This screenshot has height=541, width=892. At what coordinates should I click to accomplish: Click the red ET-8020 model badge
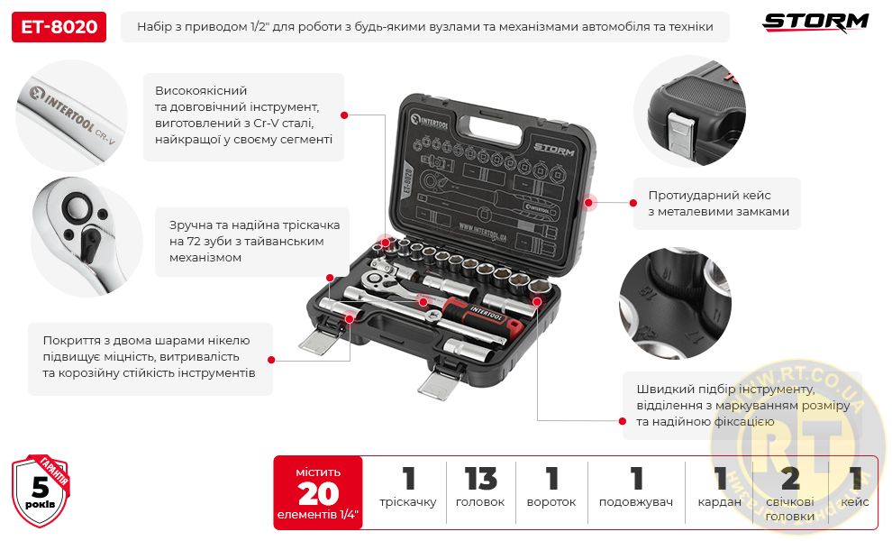[59, 27]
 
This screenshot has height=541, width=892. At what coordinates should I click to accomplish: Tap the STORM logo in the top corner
[816, 22]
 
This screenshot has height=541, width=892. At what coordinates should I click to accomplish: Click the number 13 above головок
[480, 479]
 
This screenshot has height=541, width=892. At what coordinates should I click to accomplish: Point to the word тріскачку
[407, 502]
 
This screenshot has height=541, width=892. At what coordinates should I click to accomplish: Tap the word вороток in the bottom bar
[551, 502]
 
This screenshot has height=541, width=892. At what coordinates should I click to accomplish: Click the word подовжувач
[636, 502]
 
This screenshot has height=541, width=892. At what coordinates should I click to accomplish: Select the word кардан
[719, 502]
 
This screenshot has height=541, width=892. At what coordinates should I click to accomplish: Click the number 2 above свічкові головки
[790, 479]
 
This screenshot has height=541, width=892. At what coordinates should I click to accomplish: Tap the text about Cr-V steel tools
[243, 116]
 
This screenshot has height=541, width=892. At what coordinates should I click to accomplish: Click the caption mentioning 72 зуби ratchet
[247, 241]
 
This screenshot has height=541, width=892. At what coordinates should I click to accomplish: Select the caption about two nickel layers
[150, 357]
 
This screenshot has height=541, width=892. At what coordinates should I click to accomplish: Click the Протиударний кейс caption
[718, 203]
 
